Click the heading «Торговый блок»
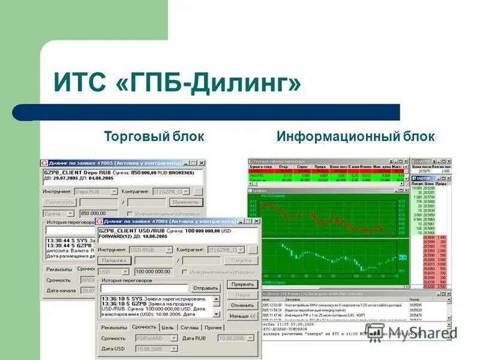coord(154,137)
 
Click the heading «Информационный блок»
coord(355,137)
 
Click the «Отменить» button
coord(242,305)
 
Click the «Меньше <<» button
coord(242,316)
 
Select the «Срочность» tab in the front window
coord(144,327)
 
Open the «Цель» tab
coord(168,327)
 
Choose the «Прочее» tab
coord(213,327)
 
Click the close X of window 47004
coord(256,221)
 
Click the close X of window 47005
coord(201,163)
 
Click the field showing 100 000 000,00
coord(157,272)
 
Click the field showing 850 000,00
coord(98,213)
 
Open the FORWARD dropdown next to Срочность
coord(173,338)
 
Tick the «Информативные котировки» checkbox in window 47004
coord(185,272)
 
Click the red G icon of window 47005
coord(45,163)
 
